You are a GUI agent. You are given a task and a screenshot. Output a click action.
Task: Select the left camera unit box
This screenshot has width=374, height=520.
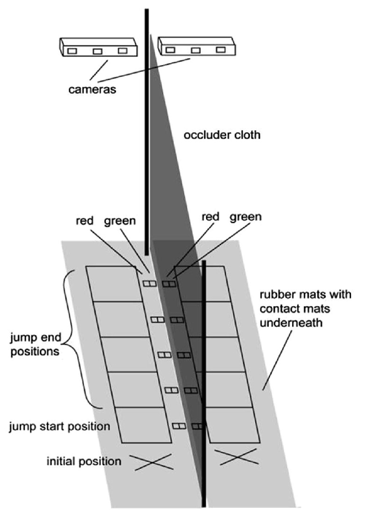tap(98, 48)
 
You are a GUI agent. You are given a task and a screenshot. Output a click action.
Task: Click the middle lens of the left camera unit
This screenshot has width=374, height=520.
tap(97, 51)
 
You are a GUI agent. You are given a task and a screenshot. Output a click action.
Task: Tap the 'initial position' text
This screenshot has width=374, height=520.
tap(84, 461)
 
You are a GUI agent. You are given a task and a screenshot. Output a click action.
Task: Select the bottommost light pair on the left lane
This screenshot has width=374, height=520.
tap(180, 426)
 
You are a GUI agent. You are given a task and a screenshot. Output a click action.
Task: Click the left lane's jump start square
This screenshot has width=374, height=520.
tap(145, 425)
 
